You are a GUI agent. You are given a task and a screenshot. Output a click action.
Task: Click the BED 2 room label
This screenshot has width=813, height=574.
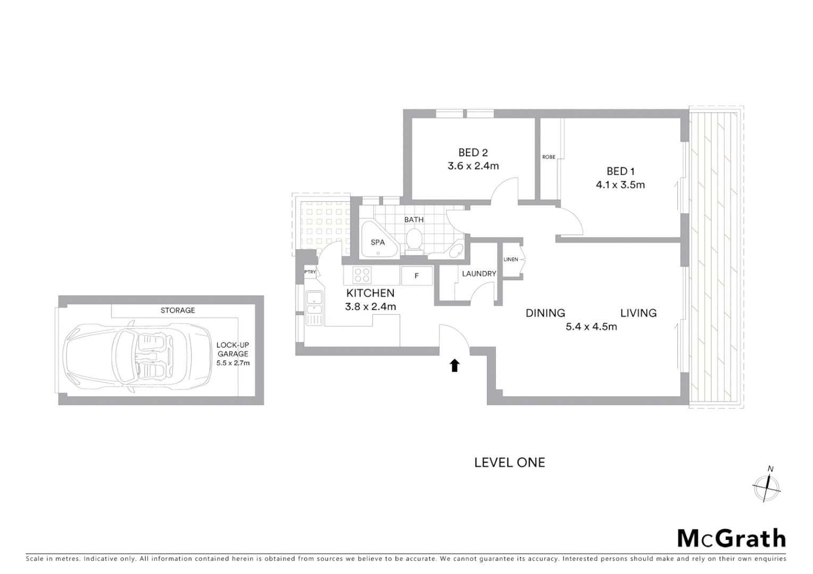click(473, 153)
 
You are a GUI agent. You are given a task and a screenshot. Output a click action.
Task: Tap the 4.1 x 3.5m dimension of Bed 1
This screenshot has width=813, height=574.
click(620, 185)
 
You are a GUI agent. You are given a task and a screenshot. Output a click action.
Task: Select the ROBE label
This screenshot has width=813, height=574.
click(549, 157)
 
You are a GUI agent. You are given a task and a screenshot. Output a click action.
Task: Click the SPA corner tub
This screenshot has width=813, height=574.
click(378, 241)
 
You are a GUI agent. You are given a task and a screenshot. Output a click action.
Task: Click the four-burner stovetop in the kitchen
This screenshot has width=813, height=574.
click(362, 275)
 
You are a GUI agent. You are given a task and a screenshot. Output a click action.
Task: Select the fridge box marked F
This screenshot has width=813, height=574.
click(417, 276)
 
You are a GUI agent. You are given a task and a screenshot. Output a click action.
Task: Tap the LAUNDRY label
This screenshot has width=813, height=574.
click(479, 274)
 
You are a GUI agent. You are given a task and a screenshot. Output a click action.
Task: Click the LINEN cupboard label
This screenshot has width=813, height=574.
click(510, 259)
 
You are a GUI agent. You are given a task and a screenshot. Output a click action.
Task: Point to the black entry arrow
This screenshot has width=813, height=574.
click(454, 365)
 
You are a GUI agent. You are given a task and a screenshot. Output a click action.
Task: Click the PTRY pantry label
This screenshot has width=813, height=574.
click(310, 272)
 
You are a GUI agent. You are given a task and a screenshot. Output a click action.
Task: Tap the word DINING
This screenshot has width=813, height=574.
click(545, 313)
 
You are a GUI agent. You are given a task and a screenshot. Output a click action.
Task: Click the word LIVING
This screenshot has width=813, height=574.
click(638, 313)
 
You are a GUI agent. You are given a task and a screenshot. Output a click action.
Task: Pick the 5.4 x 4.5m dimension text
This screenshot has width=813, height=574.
click(591, 327)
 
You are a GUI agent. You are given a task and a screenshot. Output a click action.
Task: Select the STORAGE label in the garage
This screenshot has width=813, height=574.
click(178, 310)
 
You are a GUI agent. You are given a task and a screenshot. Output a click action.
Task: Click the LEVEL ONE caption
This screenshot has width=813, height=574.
click(509, 462)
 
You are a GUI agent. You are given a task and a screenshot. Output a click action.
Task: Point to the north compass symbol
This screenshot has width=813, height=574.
click(766, 486)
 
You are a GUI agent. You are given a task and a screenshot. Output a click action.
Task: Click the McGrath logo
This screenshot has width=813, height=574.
click(731, 538)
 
